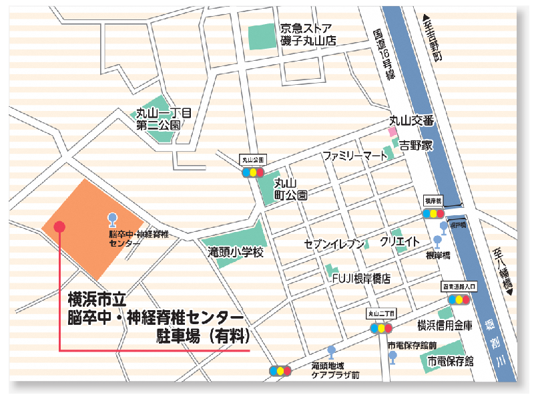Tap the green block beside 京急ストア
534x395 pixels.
pos(261,35)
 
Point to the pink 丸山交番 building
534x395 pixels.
pos(393,132)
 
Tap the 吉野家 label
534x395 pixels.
pos(415,145)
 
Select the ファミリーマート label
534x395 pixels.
pos(354,156)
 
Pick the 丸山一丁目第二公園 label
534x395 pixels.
pos(164,118)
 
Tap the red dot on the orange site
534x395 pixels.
pos(59,227)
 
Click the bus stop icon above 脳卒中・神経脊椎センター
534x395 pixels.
pos(112,219)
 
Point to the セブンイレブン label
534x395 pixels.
pos(333,243)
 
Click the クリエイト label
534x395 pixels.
pos(399,241)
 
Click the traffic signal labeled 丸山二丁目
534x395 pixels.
pos(381,328)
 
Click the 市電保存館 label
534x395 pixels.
pos(451,361)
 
